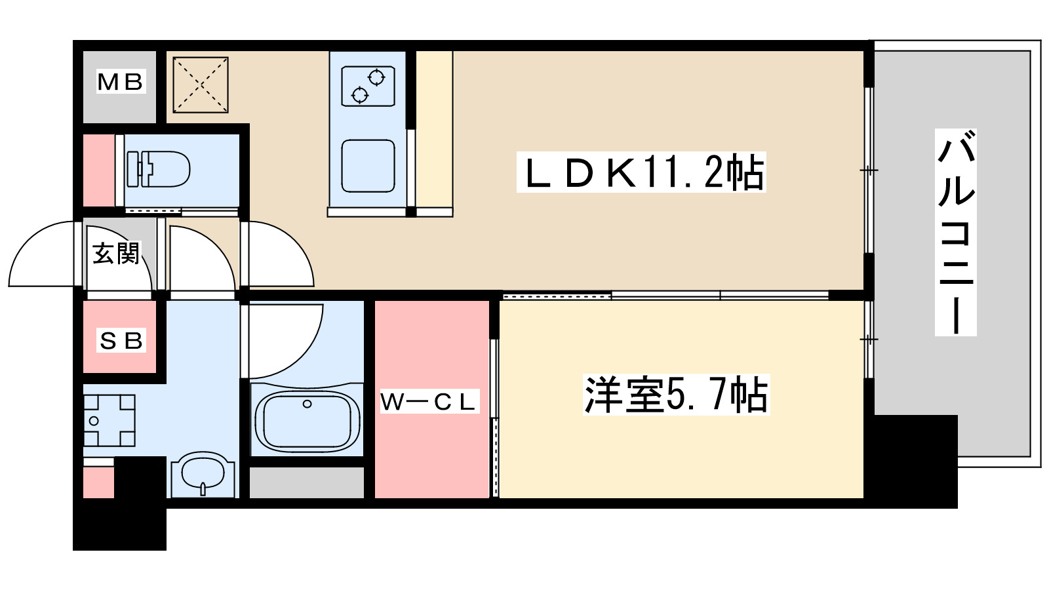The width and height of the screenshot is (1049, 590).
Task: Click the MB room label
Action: [120, 82]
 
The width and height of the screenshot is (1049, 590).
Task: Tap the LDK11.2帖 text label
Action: [641, 172]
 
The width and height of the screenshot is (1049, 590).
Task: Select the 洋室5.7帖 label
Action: [676, 395]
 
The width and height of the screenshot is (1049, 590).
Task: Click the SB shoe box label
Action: [121, 340]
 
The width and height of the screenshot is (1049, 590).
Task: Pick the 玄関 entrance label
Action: [116, 253]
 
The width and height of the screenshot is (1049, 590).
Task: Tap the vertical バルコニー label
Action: [955, 233]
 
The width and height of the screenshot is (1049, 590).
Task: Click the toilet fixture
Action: [159, 169]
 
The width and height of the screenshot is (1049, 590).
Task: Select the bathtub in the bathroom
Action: [307, 421]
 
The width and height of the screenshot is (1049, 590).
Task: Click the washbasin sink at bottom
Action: [203, 475]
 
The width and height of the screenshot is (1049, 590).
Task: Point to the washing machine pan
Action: [109, 420]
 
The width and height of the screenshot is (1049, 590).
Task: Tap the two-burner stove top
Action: [368, 86]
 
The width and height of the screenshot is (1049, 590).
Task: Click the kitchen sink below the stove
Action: [368, 166]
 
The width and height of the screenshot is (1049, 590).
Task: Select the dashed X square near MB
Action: [201, 85]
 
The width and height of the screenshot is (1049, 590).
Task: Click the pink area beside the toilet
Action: [98, 170]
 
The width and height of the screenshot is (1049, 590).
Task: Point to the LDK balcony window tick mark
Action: [869, 170]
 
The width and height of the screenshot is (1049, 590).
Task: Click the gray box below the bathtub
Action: [307, 482]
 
